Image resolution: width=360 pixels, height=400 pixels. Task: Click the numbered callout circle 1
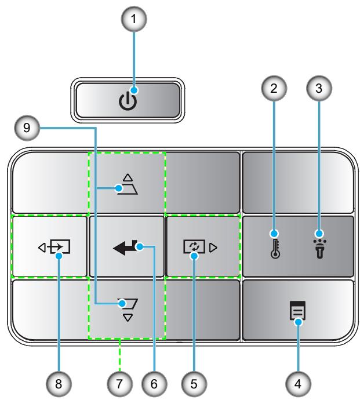[x=134, y=19]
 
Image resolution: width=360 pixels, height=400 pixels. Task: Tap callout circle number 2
[x=274, y=89]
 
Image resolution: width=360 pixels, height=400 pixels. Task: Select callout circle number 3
[x=319, y=89]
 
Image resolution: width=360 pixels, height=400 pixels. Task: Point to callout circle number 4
[x=298, y=384]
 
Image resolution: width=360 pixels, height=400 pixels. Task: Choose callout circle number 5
[x=194, y=384]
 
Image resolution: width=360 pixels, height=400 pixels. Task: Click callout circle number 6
[x=154, y=384]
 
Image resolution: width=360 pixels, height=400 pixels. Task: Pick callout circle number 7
[x=119, y=384]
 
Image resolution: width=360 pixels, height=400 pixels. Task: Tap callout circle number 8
[x=59, y=384]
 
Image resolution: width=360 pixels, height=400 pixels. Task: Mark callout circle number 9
[x=27, y=128]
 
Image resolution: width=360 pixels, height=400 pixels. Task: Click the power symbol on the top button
[x=128, y=101]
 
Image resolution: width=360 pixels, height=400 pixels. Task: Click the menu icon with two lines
[x=297, y=310]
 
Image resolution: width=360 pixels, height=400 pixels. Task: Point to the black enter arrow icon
[x=125, y=248]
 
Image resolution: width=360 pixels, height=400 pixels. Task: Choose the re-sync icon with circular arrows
[x=194, y=247]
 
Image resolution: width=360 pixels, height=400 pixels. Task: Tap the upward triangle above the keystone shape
[x=128, y=177]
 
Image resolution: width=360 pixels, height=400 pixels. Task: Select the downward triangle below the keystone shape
[x=128, y=318]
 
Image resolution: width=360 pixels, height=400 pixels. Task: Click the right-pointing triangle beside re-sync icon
[x=213, y=248]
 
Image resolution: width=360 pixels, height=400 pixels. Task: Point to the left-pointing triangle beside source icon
[x=42, y=248]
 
